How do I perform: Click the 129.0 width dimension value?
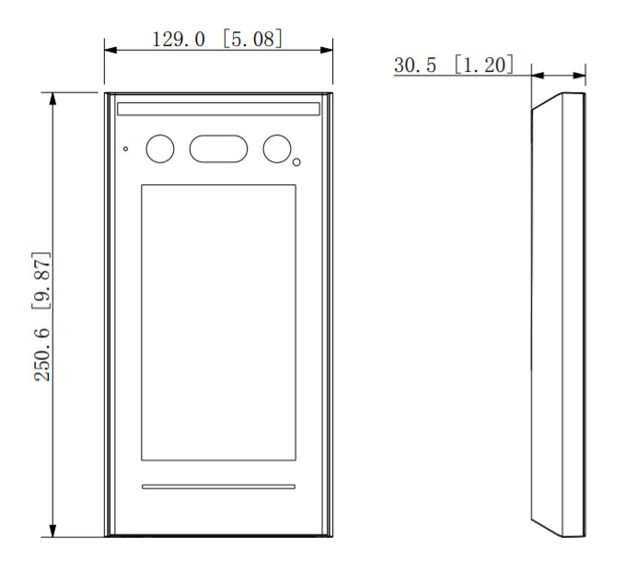[179, 40]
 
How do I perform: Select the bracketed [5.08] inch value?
[253, 39]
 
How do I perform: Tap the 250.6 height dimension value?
[42, 355]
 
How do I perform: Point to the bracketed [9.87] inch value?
[41, 280]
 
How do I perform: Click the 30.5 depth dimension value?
[415, 65]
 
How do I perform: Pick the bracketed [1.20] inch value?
[484, 64]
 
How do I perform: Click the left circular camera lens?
[160, 148]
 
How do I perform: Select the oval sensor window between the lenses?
[218, 148]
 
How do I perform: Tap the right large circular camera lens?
[277, 148]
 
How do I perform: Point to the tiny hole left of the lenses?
[125, 148]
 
